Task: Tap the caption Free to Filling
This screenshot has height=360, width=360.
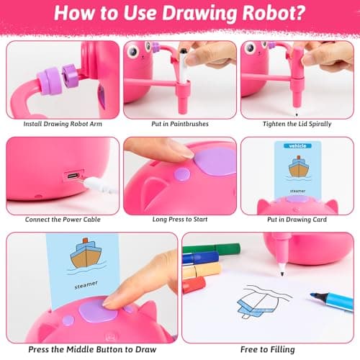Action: [x=268, y=348]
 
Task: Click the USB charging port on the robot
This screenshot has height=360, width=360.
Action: [x=73, y=176]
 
